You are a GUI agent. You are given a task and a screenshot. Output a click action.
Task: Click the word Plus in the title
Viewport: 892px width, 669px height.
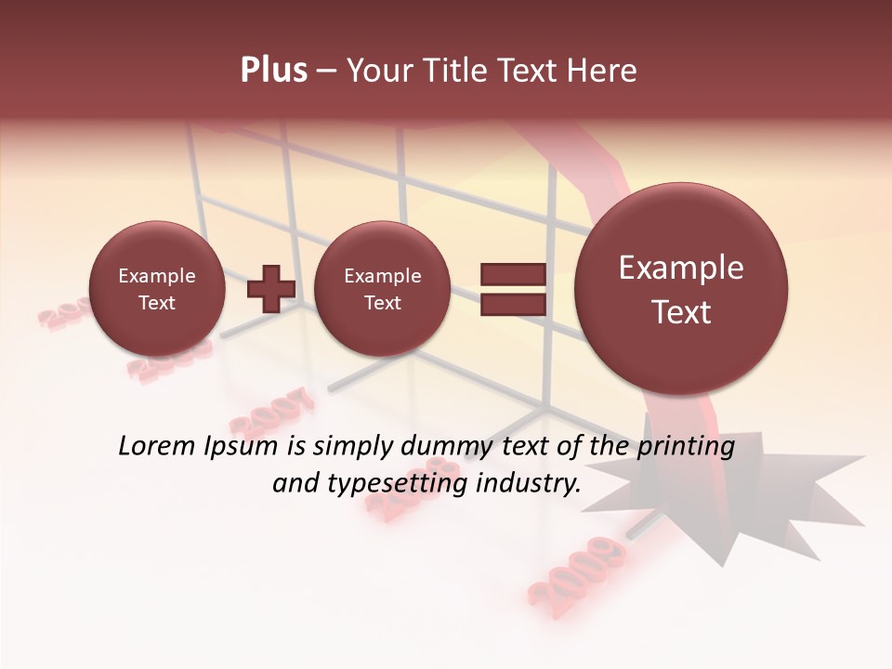(x=273, y=71)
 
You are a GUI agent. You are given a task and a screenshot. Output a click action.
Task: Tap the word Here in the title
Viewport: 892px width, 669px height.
(x=601, y=71)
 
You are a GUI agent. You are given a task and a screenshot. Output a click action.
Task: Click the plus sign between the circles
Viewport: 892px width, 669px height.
(x=271, y=288)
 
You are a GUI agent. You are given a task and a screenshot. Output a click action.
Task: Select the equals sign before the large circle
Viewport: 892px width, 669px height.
(x=513, y=289)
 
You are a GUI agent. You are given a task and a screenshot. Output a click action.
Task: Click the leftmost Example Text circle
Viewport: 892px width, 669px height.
(x=157, y=289)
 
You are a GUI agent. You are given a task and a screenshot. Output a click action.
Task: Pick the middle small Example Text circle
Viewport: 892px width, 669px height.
(x=383, y=289)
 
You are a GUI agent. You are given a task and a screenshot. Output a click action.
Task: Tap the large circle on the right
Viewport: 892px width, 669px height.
(x=681, y=289)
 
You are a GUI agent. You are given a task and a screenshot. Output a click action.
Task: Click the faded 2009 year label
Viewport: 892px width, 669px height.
(x=576, y=569)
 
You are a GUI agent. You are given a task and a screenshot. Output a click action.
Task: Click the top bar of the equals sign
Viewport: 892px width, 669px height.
(x=513, y=274)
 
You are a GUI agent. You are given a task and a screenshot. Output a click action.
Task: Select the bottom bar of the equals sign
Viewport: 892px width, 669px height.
(x=513, y=305)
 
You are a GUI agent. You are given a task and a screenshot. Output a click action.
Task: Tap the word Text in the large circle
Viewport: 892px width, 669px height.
(x=681, y=312)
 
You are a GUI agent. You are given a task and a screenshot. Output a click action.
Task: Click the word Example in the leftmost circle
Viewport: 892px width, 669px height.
(x=157, y=276)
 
